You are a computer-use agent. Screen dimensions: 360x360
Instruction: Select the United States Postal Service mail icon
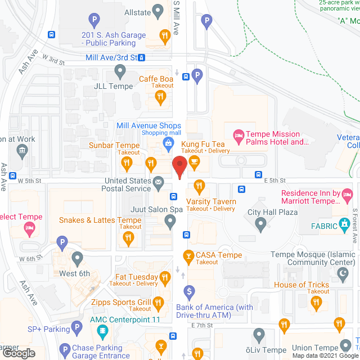coord(159,182)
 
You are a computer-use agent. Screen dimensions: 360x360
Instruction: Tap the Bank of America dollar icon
coord(190,292)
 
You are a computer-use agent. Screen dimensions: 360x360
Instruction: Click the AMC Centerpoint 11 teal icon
coord(102,331)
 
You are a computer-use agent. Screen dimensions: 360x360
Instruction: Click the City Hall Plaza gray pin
coord(260,224)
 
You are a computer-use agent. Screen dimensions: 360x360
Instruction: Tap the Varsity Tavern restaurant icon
coord(199,185)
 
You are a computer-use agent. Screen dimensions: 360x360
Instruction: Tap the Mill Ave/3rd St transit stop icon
coord(142,57)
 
